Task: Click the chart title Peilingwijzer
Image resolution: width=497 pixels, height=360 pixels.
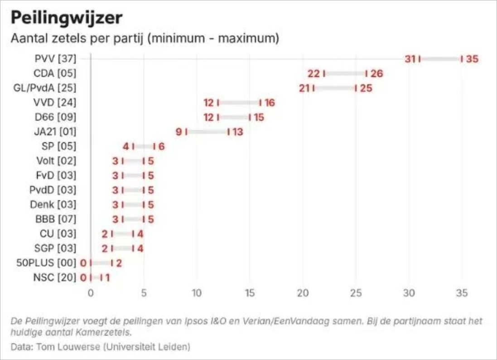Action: click(67, 18)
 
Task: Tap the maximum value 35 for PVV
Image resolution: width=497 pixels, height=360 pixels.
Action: click(473, 59)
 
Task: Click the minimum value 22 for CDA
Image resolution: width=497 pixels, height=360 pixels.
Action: click(314, 73)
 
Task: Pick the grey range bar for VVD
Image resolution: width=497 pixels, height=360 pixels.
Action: click(239, 103)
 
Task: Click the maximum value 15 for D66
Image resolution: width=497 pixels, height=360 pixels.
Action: click(259, 117)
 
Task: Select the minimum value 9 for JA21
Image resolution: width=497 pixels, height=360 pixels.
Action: click(179, 132)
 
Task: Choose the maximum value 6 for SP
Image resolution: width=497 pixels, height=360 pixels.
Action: click(161, 146)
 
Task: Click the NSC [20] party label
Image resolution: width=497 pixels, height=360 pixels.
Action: click(55, 277)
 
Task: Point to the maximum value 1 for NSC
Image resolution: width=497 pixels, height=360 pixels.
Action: click(107, 277)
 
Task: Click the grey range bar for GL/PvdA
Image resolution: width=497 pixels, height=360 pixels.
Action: click(334, 88)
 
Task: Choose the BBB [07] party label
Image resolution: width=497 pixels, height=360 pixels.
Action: click(56, 219)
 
